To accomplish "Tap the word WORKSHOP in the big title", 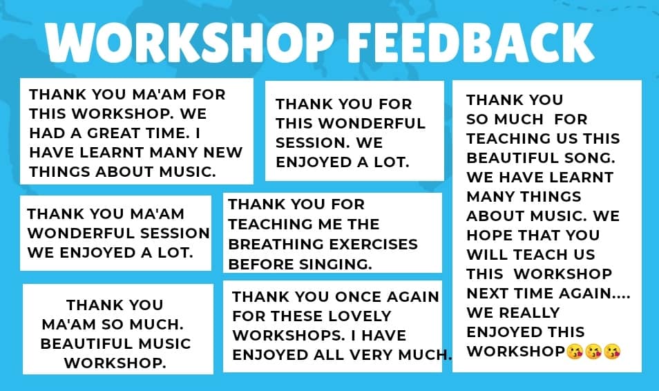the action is [x=189, y=42].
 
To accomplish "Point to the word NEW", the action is [x=222, y=152].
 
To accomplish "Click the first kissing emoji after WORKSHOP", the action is [x=575, y=352].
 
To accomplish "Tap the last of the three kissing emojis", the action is [x=612, y=352].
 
